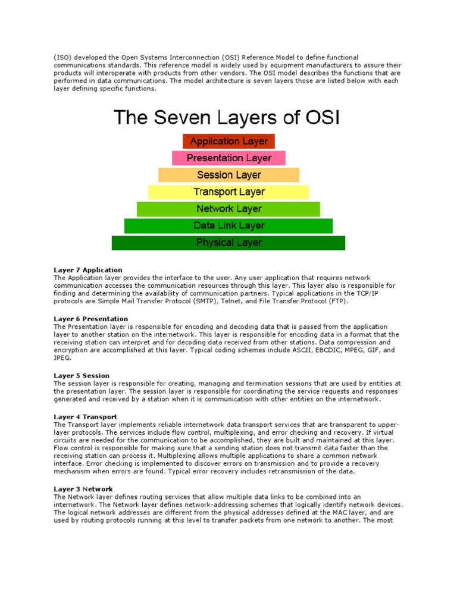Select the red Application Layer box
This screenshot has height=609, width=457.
point(228,142)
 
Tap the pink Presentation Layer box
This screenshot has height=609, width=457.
point(228,158)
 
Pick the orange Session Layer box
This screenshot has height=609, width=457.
point(228,175)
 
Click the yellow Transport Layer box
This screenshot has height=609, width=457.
point(228,192)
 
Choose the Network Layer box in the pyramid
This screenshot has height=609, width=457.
point(228,209)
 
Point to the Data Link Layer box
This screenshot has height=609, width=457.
point(228,226)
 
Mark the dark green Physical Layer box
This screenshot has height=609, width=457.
point(228,243)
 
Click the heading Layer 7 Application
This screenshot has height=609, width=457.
point(88,270)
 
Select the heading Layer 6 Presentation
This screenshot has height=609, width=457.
point(91,319)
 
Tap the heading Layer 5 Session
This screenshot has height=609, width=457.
point(82,376)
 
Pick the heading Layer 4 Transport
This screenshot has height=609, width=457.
point(85,417)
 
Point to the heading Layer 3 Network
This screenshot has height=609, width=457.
point(83,489)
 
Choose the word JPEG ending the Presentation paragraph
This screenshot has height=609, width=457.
point(62,359)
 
